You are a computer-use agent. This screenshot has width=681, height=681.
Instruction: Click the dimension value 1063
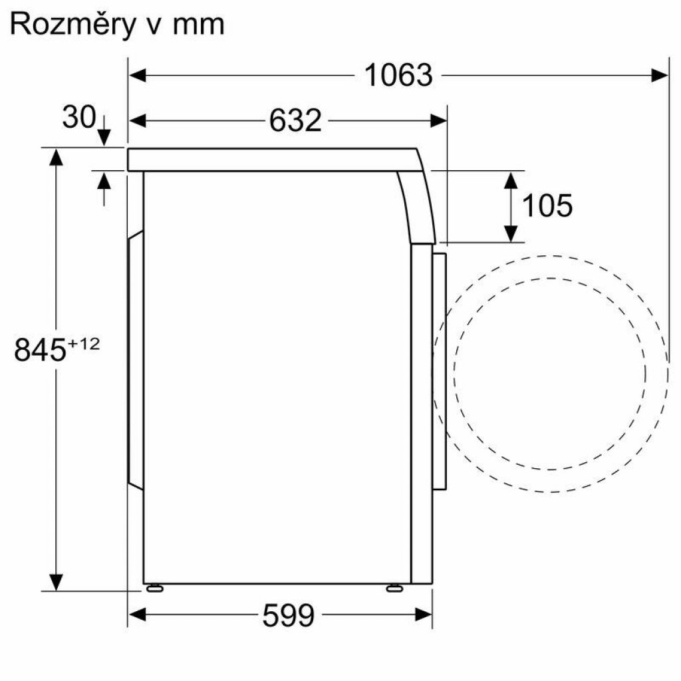[x=398, y=75]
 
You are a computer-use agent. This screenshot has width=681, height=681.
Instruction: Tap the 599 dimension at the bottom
[x=288, y=616]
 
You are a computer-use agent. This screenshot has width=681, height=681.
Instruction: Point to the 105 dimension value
[x=547, y=206]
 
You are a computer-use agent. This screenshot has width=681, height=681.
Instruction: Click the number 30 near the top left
[x=78, y=118]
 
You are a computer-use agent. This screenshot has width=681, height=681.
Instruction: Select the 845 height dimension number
[x=39, y=351]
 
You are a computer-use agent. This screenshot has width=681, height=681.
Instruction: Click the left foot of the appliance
[x=154, y=587]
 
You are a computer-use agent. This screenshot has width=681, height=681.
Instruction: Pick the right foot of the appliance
[x=394, y=587]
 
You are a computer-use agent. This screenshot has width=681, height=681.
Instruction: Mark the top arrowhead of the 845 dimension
[x=56, y=157]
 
